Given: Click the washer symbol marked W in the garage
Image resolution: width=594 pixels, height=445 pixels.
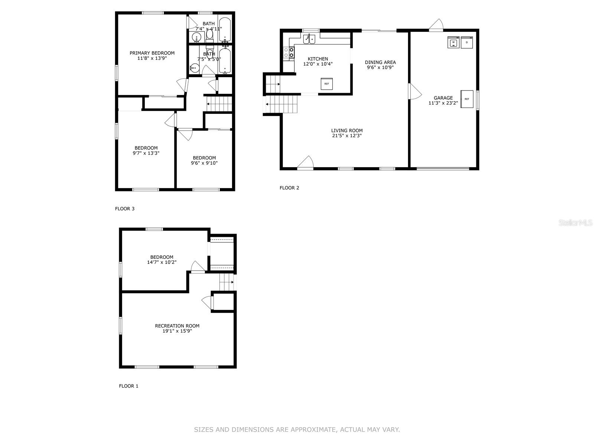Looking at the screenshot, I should point(453,43).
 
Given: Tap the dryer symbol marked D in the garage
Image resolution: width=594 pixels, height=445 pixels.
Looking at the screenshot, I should point(466,43).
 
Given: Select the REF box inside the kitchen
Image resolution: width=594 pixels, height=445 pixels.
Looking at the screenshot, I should point(327,84).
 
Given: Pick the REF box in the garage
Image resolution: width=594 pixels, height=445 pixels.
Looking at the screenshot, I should point(467,99).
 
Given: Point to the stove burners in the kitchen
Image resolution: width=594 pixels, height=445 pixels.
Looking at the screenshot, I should point(289,52).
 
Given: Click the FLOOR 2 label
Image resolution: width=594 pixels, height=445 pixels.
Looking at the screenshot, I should point(289,188).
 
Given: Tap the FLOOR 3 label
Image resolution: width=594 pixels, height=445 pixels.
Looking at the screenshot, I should point(125,209).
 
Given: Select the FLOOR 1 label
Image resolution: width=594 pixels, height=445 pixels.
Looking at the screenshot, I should point(128,386).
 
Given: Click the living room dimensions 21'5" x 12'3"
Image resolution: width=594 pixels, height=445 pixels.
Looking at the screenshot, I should point(347,136).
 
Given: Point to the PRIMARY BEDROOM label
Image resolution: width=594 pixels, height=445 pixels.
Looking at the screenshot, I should point(152,53).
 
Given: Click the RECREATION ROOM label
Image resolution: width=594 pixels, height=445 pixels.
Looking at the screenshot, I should point(177,326).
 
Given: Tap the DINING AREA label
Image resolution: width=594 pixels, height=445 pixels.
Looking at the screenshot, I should point(380,62).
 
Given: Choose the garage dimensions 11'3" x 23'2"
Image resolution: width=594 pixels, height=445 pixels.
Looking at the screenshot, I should point(443,103).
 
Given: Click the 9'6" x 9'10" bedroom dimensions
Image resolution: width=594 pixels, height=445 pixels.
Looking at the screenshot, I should point(204,163).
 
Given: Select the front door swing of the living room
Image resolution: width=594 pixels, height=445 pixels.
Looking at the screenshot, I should point(306,162).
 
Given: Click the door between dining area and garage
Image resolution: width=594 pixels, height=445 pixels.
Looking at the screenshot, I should point(414,91).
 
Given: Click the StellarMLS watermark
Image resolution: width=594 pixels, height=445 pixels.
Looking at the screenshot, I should point(575,222).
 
